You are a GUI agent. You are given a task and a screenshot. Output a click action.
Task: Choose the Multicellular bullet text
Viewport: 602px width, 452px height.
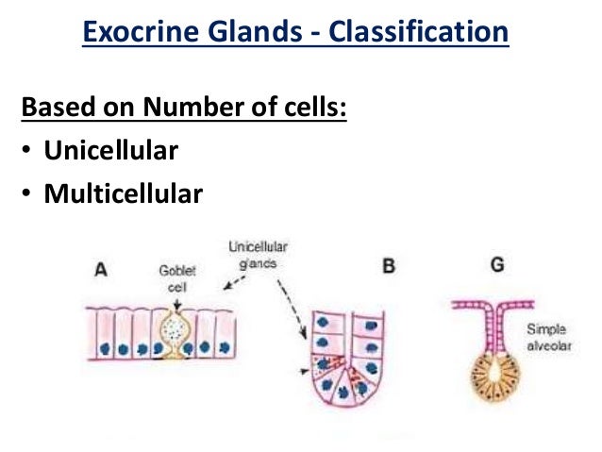pos(123,194)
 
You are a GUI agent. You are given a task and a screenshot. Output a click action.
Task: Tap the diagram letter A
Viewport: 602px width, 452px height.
pos(101,268)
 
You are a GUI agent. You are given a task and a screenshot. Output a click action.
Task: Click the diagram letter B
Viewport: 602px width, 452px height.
pos(388,267)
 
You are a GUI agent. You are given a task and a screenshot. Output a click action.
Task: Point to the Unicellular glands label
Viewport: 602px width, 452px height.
pos(258,255)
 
